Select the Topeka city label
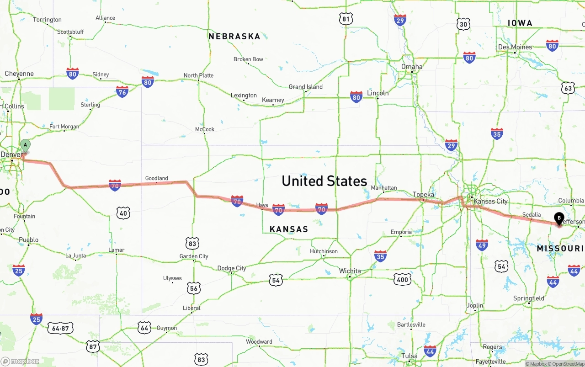(x=423, y=194)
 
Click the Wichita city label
(x=350, y=271)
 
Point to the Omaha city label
(x=412, y=67)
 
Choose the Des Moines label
(x=515, y=47)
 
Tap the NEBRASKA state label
(x=234, y=37)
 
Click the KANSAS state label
(x=288, y=229)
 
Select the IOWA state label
(x=520, y=23)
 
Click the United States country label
(x=324, y=181)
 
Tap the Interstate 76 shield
(x=122, y=92)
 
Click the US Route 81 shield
(x=346, y=19)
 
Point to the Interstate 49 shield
(x=482, y=245)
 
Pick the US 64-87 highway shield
(x=60, y=328)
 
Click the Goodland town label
(x=156, y=178)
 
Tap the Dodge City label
(x=231, y=268)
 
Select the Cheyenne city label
(x=19, y=74)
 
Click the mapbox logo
(x=20, y=361)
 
